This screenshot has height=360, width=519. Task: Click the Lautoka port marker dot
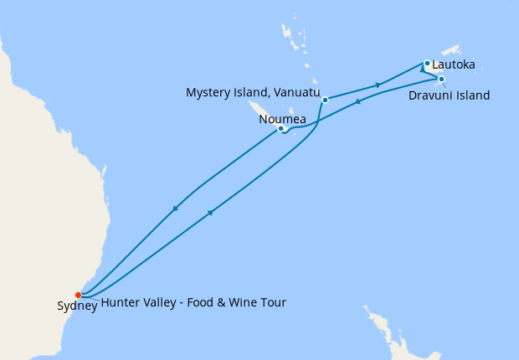coord(427,63)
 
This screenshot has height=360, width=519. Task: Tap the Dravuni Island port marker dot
coord(441,80)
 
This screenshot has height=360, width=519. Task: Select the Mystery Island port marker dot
coord(325,100)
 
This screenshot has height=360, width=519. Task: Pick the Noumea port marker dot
coord(281,129)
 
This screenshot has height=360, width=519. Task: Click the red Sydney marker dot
coord(78,295)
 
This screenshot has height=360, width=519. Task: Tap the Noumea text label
coord(281,118)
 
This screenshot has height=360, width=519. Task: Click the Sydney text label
coord(77,306)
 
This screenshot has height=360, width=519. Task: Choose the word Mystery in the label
coord(208,91)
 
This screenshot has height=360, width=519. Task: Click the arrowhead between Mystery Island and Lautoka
coord(379,85)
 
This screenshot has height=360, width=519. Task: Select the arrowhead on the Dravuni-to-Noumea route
coord(358,101)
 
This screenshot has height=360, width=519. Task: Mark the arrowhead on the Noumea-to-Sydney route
coord(175,208)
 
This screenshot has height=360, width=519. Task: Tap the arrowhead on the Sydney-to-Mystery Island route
coord(210,213)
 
